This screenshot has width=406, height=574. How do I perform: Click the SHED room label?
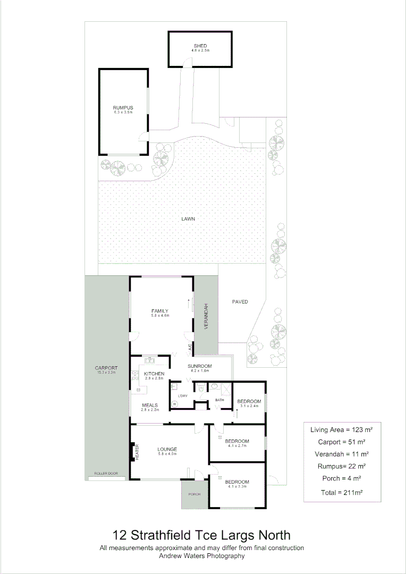[x=200, y=46]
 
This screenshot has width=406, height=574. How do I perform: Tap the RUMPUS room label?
[x=123, y=108]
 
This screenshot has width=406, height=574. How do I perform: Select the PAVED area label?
[x=240, y=302]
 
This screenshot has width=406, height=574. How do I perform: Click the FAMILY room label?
[x=160, y=311]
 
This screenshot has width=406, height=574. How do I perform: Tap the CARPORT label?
[x=106, y=368]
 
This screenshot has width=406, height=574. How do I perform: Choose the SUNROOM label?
[x=200, y=366]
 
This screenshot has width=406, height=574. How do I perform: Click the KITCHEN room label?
[x=154, y=374]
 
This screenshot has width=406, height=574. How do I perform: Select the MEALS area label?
[x=150, y=406]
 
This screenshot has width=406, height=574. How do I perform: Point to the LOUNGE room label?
[x=167, y=450]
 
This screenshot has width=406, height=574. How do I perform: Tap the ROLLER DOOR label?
[x=106, y=474]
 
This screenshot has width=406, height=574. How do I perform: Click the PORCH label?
[x=194, y=494]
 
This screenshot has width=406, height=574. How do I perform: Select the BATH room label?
[x=219, y=400]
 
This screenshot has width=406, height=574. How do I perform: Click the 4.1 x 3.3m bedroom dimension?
[x=239, y=487]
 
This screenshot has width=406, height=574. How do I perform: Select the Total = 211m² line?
[x=342, y=493]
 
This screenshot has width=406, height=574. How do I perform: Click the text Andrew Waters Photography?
[x=202, y=556]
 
